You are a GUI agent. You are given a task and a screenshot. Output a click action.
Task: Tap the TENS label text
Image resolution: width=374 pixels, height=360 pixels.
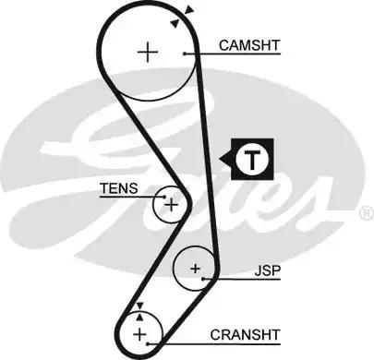click(x=119, y=188)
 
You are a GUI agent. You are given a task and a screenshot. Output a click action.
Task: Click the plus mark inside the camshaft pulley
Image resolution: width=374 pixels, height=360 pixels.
click(x=148, y=52)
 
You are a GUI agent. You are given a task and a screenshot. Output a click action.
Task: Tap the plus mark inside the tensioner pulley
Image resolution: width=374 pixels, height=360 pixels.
click(x=170, y=204)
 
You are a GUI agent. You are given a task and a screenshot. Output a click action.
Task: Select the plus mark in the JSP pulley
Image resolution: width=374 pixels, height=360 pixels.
click(x=196, y=269)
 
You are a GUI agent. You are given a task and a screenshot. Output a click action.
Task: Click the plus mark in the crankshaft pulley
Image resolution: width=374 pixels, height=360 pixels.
click(x=139, y=332)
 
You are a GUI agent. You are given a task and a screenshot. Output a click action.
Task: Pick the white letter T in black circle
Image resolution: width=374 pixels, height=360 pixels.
click(x=253, y=160)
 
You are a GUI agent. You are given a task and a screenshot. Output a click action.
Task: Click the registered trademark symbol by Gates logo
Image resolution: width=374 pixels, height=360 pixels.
click(x=366, y=213)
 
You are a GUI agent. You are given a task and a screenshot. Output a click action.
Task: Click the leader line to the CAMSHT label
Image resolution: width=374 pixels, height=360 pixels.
click(x=203, y=54)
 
